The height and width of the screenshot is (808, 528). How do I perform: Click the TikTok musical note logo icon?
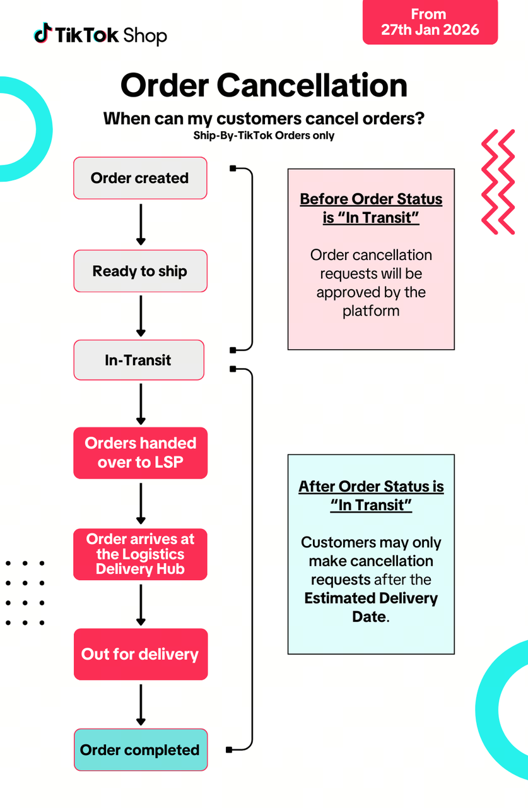[x=42, y=33]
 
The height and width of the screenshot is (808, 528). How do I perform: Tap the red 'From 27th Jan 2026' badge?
[x=430, y=22]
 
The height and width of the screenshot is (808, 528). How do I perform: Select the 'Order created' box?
[x=140, y=178]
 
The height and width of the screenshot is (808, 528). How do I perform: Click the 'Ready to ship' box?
[x=140, y=271]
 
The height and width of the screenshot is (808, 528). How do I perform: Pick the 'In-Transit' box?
[x=138, y=360]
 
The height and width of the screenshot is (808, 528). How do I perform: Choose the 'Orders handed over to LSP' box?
[x=140, y=453]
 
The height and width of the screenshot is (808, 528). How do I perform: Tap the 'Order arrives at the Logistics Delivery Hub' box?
[x=140, y=554]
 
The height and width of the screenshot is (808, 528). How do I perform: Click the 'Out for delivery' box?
[x=140, y=654]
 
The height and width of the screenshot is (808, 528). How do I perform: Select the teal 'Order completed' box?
[x=140, y=750]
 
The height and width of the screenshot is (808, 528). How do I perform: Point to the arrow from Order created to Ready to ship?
[x=141, y=224]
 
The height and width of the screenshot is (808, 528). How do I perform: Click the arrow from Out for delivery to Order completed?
[x=141, y=704]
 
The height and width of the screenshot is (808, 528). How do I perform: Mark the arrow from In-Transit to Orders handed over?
[x=141, y=404]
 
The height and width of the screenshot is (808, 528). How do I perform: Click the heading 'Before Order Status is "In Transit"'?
[x=371, y=208]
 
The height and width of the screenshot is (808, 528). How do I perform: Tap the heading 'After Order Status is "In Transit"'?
[x=371, y=496]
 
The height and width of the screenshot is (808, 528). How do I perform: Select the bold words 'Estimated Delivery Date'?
[x=371, y=607]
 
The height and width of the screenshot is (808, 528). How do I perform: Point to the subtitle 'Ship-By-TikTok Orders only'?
[x=264, y=135]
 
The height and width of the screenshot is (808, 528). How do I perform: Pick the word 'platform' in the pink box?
[x=371, y=311]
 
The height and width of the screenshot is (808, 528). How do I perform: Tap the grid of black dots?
[x=25, y=593]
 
